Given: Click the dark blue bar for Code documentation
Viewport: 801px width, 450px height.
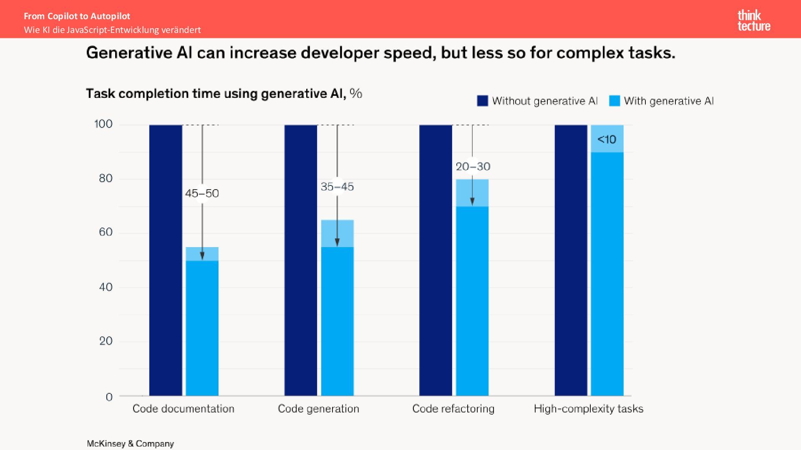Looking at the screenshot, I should [166, 260].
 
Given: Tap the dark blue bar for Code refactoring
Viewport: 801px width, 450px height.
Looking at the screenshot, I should [436, 260].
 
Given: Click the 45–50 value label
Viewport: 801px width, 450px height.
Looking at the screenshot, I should [202, 193].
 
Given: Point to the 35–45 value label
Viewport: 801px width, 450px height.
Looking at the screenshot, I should [337, 187].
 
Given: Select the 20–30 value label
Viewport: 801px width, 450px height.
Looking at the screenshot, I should [473, 167].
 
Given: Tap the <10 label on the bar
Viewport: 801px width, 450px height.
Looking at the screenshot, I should [607, 139].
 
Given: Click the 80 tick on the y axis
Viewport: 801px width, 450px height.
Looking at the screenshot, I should [106, 178].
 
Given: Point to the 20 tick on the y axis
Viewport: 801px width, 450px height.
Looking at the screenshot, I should [106, 341].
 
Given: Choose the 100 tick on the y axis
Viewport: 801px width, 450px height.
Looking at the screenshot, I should [103, 124].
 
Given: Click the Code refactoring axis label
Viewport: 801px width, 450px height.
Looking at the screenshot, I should [453, 408].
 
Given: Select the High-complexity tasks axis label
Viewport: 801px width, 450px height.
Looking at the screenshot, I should [588, 408].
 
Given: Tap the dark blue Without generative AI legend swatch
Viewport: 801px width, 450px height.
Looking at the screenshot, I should [482, 101].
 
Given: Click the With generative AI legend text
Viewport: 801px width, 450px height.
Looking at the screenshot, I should [668, 101].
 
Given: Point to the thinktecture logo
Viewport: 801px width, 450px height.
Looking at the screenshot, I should [753, 21].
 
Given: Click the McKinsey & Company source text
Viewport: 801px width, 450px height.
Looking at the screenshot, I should [130, 444].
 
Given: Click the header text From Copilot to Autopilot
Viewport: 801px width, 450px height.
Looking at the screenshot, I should [77, 16].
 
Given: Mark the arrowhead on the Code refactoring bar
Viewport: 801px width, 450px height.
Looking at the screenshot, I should [472, 202].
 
